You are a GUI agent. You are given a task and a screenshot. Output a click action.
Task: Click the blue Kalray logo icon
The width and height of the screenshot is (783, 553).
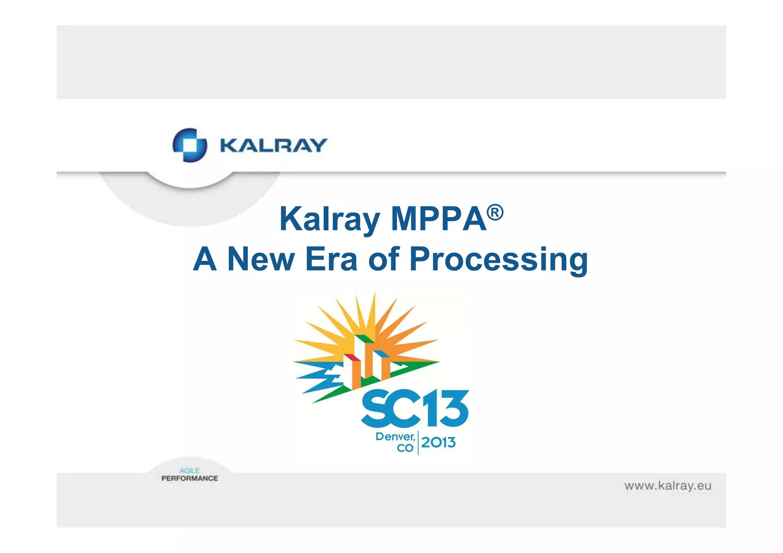(x=190, y=145)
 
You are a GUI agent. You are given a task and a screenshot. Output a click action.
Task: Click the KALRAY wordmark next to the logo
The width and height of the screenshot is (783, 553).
(x=273, y=146)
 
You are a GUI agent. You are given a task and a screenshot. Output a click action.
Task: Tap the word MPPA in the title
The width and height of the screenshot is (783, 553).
(x=439, y=219)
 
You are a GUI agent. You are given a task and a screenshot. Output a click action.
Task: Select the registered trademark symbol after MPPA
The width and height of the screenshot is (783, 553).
(x=495, y=212)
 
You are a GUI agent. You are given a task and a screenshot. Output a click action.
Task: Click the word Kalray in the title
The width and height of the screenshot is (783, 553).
(x=330, y=219)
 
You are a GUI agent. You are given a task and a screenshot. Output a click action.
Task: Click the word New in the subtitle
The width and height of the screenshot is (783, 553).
(x=261, y=259)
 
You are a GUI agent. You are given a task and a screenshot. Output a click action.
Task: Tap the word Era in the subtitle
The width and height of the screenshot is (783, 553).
(x=331, y=259)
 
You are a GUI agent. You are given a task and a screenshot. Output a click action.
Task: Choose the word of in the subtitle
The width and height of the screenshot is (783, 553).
(x=384, y=259)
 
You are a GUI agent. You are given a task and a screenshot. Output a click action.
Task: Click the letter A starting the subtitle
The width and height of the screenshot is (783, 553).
(x=205, y=259)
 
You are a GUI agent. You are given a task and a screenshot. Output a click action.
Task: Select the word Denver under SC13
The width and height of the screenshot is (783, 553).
(x=395, y=436)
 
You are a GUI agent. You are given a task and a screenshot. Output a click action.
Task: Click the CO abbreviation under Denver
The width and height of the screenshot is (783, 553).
(x=405, y=448)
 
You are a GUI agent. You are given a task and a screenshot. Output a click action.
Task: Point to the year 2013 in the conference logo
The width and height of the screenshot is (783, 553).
(x=438, y=443)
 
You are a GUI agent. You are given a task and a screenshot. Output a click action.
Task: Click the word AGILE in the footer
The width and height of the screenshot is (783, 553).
(x=190, y=470)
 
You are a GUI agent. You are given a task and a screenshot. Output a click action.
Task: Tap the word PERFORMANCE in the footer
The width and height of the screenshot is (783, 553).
(x=190, y=478)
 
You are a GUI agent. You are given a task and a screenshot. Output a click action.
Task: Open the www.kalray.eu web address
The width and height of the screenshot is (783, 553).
(x=668, y=486)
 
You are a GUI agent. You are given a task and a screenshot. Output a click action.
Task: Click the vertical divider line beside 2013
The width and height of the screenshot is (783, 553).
(x=418, y=443)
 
